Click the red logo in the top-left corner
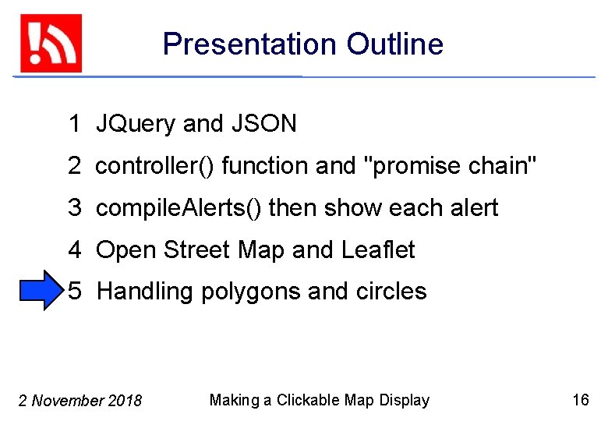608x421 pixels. [51, 44]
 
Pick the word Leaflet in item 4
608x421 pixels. [378, 250]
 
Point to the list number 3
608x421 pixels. [75, 208]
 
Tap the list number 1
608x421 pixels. [75, 124]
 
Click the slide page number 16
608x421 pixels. [581, 401]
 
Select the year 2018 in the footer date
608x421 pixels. [125, 402]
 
